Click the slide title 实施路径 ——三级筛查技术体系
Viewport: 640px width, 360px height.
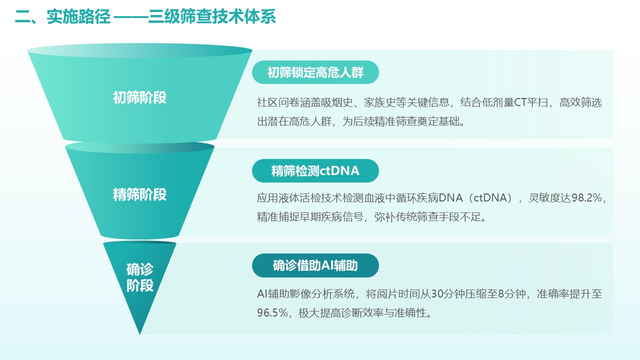pos(161,16)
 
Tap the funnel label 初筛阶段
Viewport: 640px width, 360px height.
pos(139,97)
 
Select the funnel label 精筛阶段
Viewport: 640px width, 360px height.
pos(139,194)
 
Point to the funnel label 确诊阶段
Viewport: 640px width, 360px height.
pos(140,277)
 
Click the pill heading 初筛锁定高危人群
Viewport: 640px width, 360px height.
pos(315,72)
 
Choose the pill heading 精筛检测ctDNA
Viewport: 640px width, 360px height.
pos(315,171)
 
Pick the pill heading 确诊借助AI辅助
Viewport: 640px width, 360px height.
pos(315,265)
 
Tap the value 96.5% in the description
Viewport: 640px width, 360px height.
pos(272,313)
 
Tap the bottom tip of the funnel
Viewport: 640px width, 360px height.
pos(139,334)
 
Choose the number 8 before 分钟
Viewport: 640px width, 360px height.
pos(500,293)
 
